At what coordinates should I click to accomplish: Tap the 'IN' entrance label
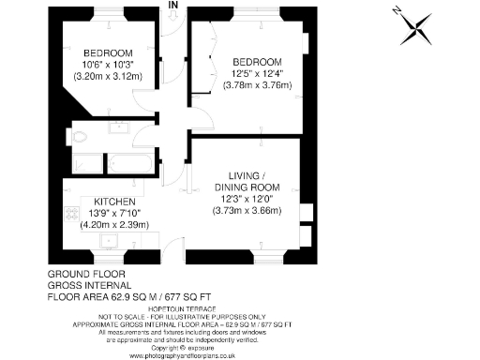pyautogui.click(x=173, y=6)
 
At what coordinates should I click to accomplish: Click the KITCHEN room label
pyautogui.click(x=114, y=202)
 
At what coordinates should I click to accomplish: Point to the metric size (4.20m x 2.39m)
pyautogui.click(x=114, y=225)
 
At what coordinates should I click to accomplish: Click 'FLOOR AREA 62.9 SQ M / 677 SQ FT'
pyautogui.click(x=141, y=296)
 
